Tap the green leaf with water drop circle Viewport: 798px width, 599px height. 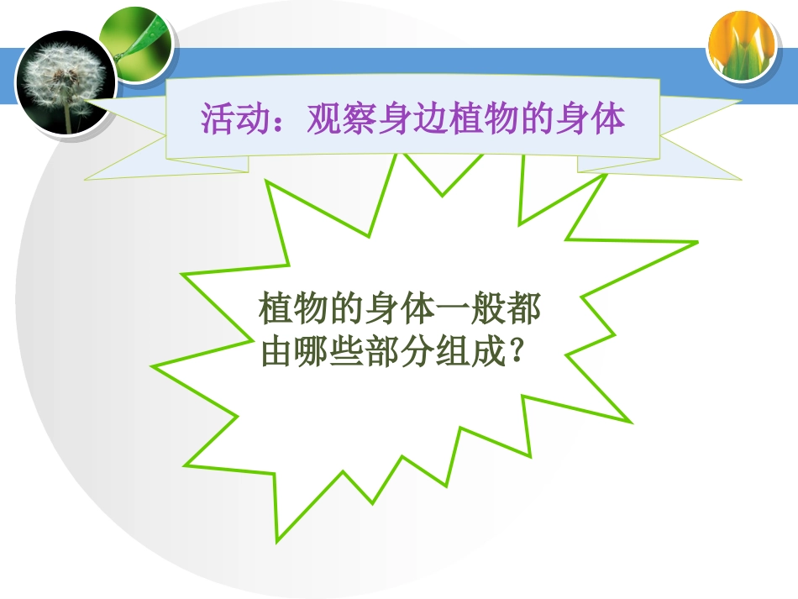pyautogui.click(x=137, y=41)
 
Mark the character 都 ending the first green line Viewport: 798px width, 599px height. pyautogui.click(x=525, y=310)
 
